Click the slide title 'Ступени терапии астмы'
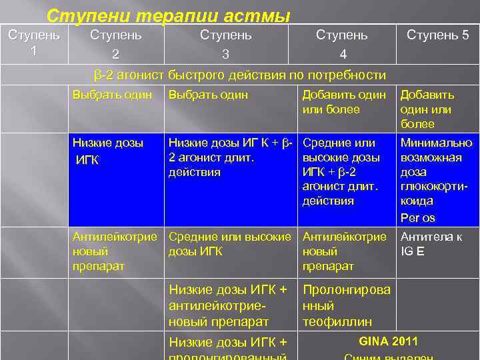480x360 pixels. pyautogui.click(x=169, y=15)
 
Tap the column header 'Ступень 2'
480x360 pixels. pyautogui.click(x=115, y=43)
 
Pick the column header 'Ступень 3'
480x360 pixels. pyautogui.click(x=226, y=43)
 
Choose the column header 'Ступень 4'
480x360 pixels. pyautogui.click(x=341, y=43)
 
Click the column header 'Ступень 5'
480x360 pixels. pyautogui.click(x=437, y=35)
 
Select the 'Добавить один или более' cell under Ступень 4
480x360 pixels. pyautogui.click(x=344, y=102)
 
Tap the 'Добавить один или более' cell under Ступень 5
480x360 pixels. pyautogui.click(x=427, y=109)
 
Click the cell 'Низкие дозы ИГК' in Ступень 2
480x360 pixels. pyautogui.click(x=103, y=151)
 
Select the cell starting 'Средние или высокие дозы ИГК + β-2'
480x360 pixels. pyautogui.click(x=341, y=171)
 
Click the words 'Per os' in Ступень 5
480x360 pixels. pyautogui.click(x=418, y=217)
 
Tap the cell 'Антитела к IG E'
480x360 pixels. pyautogui.click(x=430, y=243)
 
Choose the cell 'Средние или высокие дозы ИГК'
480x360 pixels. pyautogui.click(x=230, y=243)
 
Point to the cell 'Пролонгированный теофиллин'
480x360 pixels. pyautogui.click(x=347, y=305)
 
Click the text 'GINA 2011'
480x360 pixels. pyautogui.click(x=389, y=341)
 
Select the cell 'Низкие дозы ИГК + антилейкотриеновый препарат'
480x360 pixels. pyautogui.click(x=229, y=305)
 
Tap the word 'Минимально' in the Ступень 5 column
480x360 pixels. pyautogui.click(x=436, y=143)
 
